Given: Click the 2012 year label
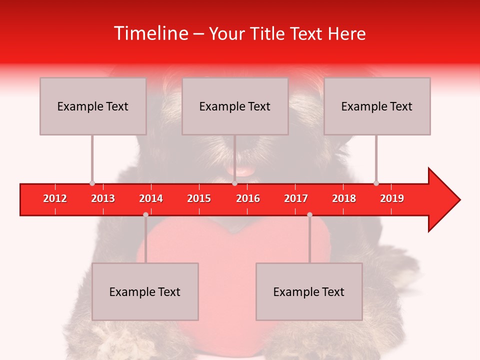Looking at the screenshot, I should coord(55,198).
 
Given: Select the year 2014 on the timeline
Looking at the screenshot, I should coord(151,198).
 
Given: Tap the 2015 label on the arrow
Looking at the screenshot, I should coord(199,198).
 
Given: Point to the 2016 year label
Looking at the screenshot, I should coord(248,198).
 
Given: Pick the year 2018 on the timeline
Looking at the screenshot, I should coord(344,198).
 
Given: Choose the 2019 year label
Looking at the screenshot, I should coord(392,198).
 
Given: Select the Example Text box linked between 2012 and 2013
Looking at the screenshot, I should coord(93,106).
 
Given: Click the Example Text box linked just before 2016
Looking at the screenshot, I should coord(235,106).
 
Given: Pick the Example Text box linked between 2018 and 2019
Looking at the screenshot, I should coord(377,106).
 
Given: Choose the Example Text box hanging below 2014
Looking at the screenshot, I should coord(145,291).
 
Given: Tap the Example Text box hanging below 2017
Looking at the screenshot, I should coord(309,291).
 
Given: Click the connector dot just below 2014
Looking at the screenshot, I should coord(145,214).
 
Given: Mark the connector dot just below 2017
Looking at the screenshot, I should coord(309,214).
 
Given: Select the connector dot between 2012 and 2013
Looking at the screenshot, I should coord(92,183).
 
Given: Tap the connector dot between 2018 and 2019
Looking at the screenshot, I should coord(376,183).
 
